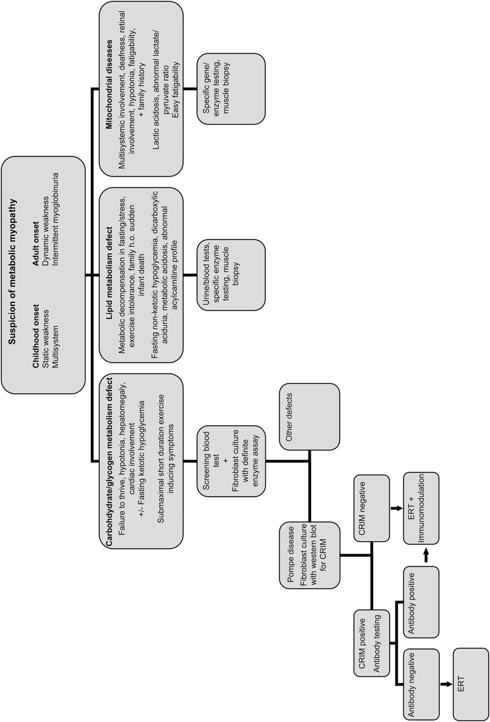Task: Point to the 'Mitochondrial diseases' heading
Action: tap(109, 89)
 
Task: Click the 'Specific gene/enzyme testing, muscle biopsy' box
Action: tap(231, 89)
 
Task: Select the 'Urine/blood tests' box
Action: tap(231, 275)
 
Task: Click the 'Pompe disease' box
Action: tap(309, 555)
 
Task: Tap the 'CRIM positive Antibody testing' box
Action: tap(372, 642)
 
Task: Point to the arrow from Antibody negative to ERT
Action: tap(445, 684)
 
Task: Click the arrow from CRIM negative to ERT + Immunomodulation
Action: tap(396, 509)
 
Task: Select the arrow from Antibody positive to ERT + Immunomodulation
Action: tap(426, 556)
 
